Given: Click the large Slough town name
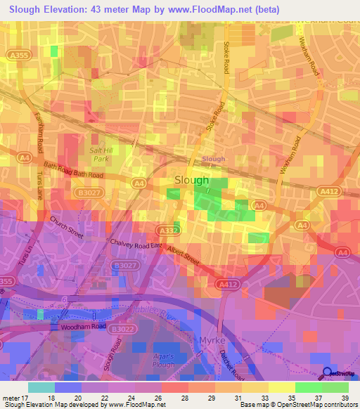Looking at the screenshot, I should tap(191, 180).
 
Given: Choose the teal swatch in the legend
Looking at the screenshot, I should tap(41, 387).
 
